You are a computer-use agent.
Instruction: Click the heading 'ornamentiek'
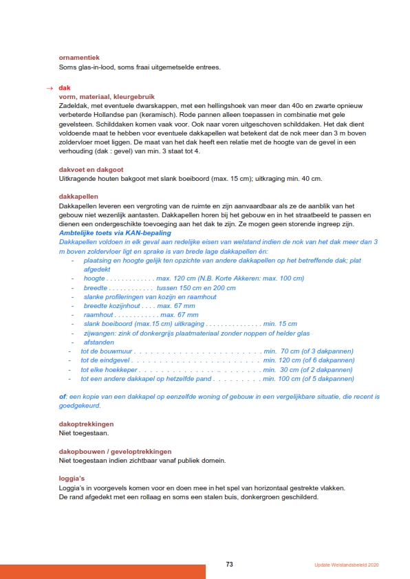pyautogui.click(x=79, y=58)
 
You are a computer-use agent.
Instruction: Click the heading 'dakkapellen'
pyautogui.click(x=78, y=197)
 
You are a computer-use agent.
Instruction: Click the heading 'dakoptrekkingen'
pyautogui.click(x=86, y=424)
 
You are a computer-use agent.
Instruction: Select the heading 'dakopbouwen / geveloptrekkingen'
pyautogui.click(x=115, y=452)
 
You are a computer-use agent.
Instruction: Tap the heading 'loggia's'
pyautogui.click(x=73, y=479)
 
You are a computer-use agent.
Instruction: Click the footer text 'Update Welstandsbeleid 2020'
pyautogui.click(x=342, y=565)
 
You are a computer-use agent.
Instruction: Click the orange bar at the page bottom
pyautogui.click(x=102, y=571)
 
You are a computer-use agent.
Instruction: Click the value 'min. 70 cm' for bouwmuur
pyautogui.click(x=281, y=351)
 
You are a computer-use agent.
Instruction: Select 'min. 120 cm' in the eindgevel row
pyautogui.click(x=283, y=360)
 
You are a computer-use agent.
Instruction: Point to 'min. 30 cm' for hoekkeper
pyautogui.click(x=281, y=369)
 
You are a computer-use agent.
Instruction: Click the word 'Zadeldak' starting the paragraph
pyautogui.click(x=73, y=105)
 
